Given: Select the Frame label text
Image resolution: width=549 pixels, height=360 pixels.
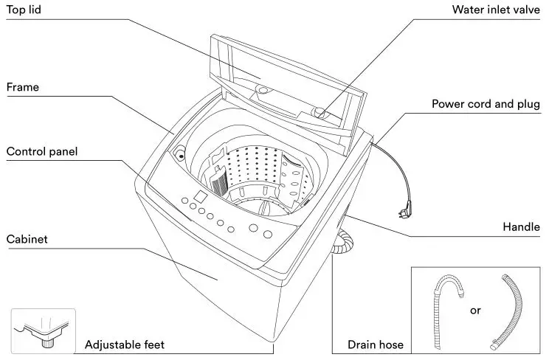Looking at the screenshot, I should pyautogui.click(x=22, y=87).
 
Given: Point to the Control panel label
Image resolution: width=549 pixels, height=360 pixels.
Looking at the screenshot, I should pyautogui.click(x=42, y=152).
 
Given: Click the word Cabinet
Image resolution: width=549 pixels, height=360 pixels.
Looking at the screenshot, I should pyautogui.click(x=27, y=240).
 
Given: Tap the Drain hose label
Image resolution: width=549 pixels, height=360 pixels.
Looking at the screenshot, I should pyautogui.click(x=375, y=345).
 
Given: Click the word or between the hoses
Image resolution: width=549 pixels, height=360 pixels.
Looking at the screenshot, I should pyautogui.click(x=475, y=310).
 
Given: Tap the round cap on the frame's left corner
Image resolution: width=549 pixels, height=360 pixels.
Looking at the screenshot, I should pyautogui.click(x=179, y=156).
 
